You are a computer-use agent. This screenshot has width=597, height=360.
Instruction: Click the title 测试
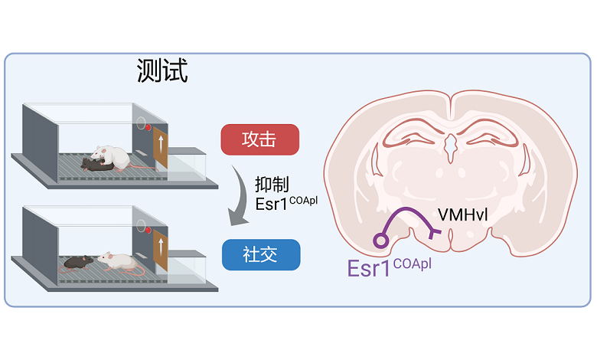tap(162, 71)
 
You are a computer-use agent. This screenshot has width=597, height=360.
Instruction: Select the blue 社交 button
tap(260, 254)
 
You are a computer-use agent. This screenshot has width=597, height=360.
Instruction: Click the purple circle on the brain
tap(380, 240)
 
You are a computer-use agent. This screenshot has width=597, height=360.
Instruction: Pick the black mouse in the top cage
tap(96, 163)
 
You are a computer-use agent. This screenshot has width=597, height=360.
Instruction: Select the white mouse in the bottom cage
tap(116, 262)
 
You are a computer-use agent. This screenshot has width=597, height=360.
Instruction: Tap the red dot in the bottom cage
tap(146, 227)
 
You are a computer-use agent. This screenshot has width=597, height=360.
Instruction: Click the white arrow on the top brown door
tap(161, 146)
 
